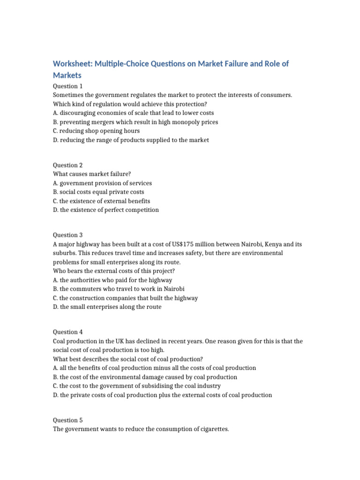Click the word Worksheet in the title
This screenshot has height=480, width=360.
[x=72, y=63]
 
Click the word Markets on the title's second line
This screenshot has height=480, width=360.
[x=67, y=75]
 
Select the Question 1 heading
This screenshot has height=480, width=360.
[x=68, y=86]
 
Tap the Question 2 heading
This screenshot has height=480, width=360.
[x=68, y=165]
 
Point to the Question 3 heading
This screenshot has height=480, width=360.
[x=68, y=235]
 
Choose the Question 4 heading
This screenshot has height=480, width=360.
[x=68, y=332]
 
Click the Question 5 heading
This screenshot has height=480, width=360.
[x=68, y=420]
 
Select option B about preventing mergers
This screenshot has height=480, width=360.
[x=135, y=122]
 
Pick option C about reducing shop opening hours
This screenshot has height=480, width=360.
[x=97, y=131]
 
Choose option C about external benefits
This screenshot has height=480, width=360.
[x=102, y=201]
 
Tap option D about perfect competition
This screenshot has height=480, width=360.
[x=106, y=210]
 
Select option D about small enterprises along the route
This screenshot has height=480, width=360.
[x=107, y=307]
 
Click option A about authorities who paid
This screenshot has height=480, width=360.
[x=112, y=280]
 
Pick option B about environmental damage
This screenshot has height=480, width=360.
[x=145, y=377]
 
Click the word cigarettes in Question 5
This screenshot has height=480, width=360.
[x=213, y=429]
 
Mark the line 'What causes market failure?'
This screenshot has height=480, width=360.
[x=92, y=174]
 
